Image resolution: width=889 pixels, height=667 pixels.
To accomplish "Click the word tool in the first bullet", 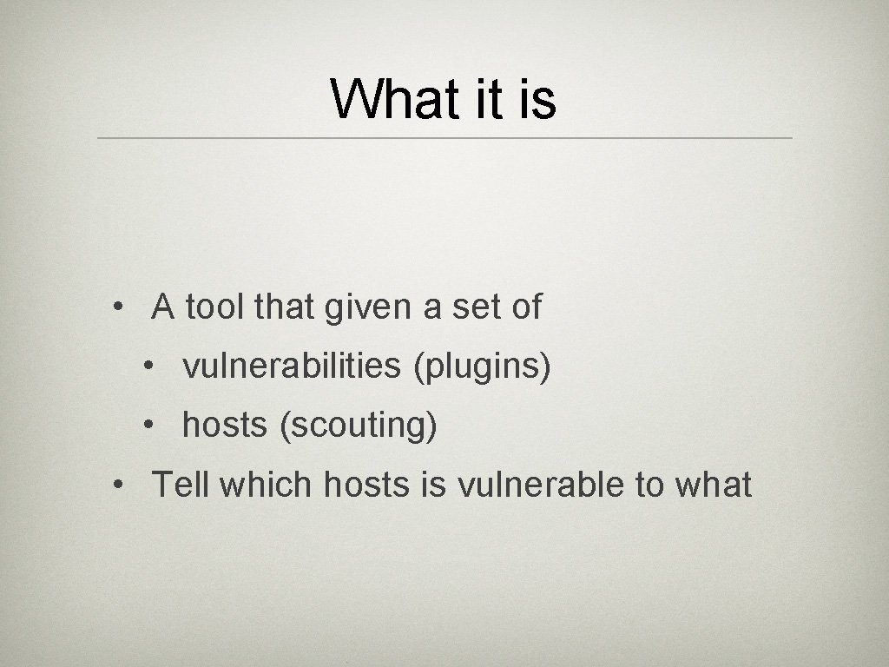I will click(x=216, y=307).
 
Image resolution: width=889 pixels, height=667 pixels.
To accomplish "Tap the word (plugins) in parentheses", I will click(x=483, y=367).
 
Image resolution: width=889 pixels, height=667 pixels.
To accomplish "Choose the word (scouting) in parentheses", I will click(x=358, y=426).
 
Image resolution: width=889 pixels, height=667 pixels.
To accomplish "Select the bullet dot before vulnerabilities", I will click(x=150, y=368).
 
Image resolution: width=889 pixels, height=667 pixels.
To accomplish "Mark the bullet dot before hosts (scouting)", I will click(x=150, y=426).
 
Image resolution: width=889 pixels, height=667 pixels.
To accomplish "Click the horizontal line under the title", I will click(x=444, y=138).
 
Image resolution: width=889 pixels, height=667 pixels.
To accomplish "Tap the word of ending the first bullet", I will click(x=526, y=307).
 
